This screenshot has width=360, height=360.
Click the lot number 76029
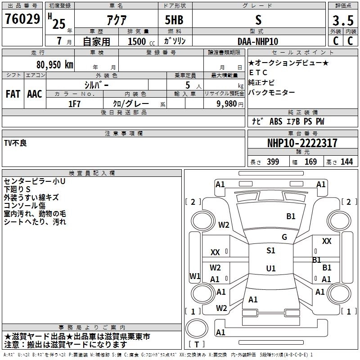click(x=22, y=18)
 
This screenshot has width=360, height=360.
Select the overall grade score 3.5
click(x=343, y=20)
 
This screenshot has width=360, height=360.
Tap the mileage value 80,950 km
click(x=54, y=65)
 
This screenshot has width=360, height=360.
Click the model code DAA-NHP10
click(x=258, y=41)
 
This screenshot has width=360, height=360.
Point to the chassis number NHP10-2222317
click(x=302, y=143)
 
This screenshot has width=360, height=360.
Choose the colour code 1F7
click(x=74, y=104)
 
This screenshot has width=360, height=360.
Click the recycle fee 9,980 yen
click(x=229, y=104)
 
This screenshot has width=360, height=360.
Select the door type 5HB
click(x=174, y=20)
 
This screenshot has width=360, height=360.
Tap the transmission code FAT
click(x=13, y=94)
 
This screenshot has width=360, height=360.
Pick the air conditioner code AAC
click(x=35, y=94)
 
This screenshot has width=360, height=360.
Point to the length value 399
click(x=273, y=162)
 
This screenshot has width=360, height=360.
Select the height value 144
click(x=346, y=162)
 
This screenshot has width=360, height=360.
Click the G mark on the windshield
click(x=284, y=237)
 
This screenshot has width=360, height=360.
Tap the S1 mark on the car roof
click(x=271, y=250)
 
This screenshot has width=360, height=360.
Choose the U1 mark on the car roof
click(x=271, y=268)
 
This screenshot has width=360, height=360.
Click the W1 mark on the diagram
click(x=195, y=276)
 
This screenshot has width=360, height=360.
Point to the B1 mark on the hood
click(x=291, y=216)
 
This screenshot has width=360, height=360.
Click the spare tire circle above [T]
click(x=197, y=328)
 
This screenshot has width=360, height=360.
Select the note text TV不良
click(x=15, y=143)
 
